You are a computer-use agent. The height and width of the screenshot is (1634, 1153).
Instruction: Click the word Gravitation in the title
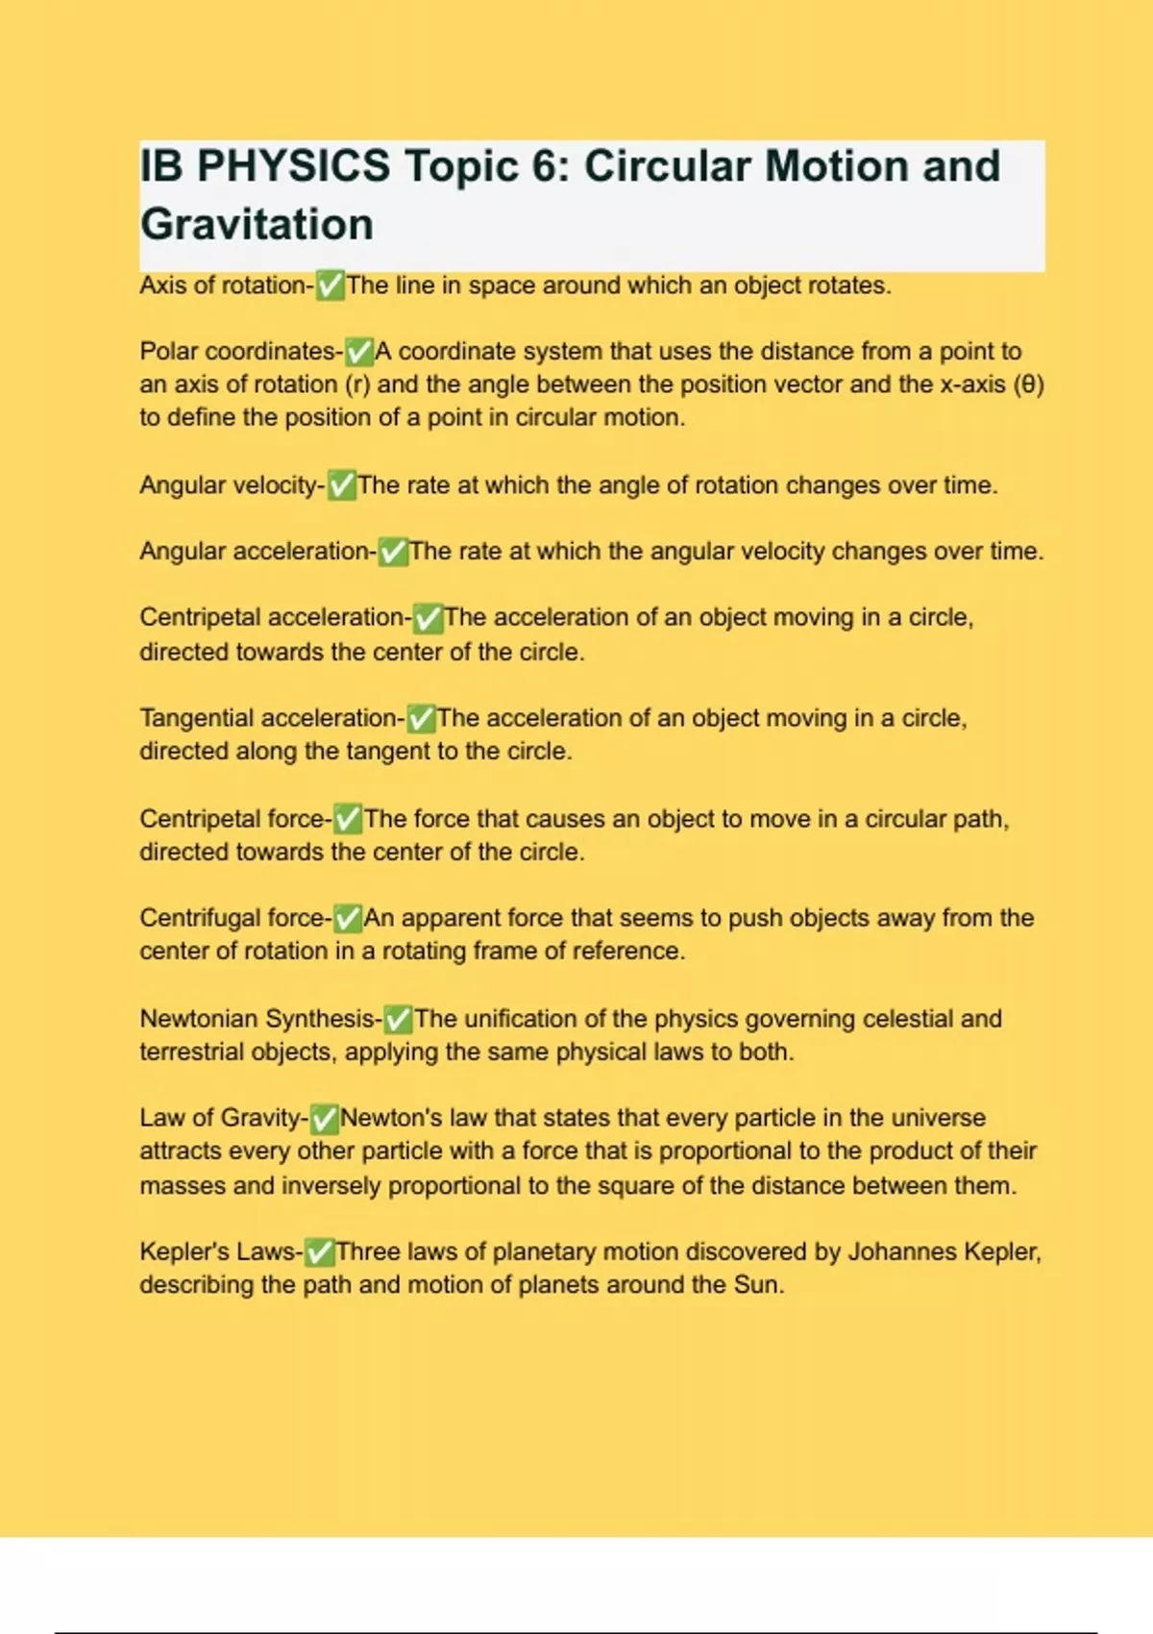coord(257,225)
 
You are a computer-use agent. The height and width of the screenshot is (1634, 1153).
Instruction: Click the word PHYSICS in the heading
coord(293,166)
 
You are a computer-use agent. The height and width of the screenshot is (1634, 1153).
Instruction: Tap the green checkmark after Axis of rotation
coord(330,285)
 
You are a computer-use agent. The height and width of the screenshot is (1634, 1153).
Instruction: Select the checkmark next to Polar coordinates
coord(358,352)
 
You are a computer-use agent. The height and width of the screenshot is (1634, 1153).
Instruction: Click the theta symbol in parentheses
coord(1029,384)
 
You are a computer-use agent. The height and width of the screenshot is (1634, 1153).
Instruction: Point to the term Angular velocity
coord(228,485)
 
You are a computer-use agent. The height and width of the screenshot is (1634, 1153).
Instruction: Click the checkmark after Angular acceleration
coord(392,552)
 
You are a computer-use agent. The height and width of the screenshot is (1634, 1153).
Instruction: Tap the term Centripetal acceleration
coord(271,617)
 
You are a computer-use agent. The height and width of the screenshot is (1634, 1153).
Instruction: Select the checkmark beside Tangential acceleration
coord(421,718)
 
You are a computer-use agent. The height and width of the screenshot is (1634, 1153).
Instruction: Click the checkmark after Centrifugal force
coord(347,918)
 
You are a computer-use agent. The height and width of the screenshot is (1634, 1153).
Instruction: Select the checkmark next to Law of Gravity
coord(324,1118)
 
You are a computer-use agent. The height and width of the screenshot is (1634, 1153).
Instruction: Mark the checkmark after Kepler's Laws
coord(319,1251)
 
